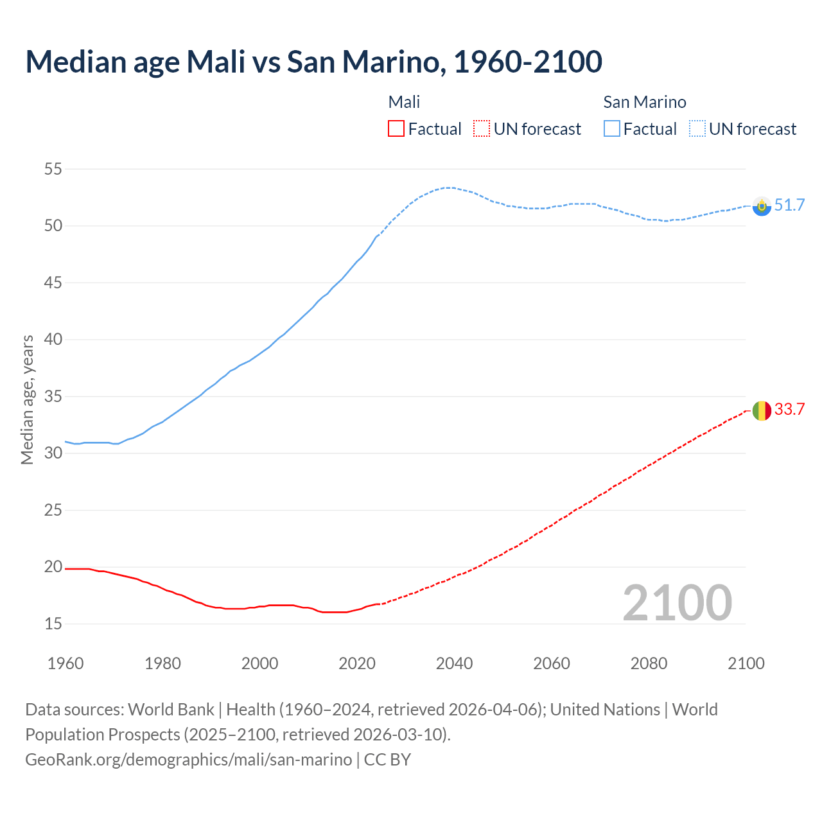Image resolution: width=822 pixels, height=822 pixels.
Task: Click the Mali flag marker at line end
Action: (762, 410)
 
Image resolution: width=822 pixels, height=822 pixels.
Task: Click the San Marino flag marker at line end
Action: (762, 206)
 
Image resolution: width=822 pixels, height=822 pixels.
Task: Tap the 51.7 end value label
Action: (789, 205)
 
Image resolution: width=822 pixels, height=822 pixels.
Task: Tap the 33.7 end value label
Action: (789, 410)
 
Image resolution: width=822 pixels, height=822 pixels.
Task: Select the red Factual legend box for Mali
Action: (396, 129)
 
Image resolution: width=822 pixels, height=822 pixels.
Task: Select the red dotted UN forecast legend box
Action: (482, 129)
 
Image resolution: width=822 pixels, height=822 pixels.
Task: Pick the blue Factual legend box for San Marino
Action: (611, 129)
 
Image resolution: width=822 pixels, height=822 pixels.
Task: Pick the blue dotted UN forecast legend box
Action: (697, 129)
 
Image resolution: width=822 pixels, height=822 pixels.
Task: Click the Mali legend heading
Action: (404, 102)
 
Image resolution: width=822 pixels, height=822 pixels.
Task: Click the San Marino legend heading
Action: (644, 102)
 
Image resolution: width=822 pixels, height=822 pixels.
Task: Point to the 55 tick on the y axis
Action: (53, 170)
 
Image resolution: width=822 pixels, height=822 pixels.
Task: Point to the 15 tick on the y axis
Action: (53, 624)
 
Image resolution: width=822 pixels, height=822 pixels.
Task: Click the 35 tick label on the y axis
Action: (53, 396)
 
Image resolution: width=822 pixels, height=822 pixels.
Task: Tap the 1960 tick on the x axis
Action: (66, 663)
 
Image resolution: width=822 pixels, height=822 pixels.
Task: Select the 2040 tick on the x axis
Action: (454, 663)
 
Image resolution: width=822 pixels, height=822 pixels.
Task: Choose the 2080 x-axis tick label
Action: (649, 663)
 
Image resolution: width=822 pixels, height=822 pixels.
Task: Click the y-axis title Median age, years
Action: (27, 399)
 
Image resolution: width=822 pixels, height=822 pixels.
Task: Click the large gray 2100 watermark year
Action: (677, 603)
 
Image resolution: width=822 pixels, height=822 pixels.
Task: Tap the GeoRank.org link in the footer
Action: (188, 760)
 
